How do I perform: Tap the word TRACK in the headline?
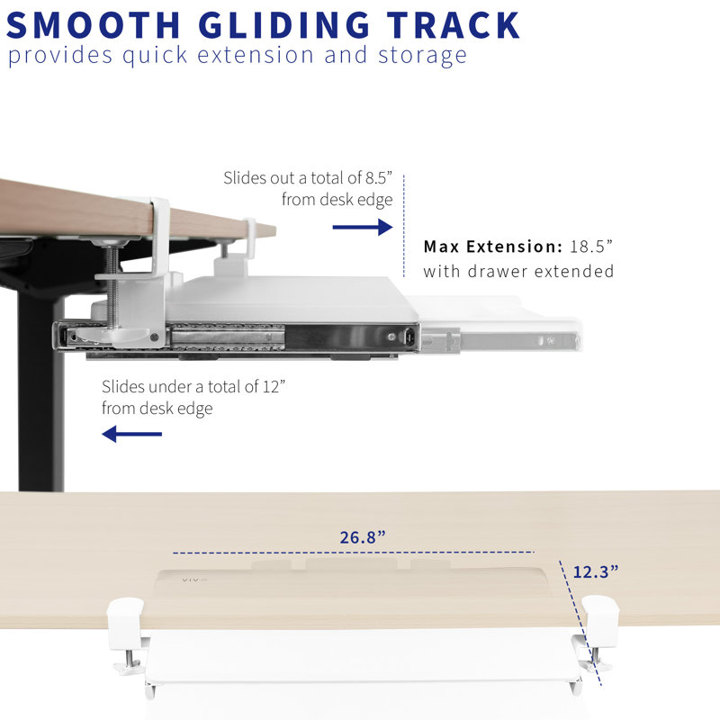tap(454, 25)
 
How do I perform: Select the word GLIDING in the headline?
tap(284, 25)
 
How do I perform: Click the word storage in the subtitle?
tap(422, 56)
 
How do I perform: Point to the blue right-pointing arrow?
tap(363, 227)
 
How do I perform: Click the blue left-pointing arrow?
tap(131, 434)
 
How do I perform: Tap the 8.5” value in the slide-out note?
tap(379, 177)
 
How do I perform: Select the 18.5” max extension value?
tap(591, 247)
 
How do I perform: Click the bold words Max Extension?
tap(492, 247)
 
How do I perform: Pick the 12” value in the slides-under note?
tap(274, 386)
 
